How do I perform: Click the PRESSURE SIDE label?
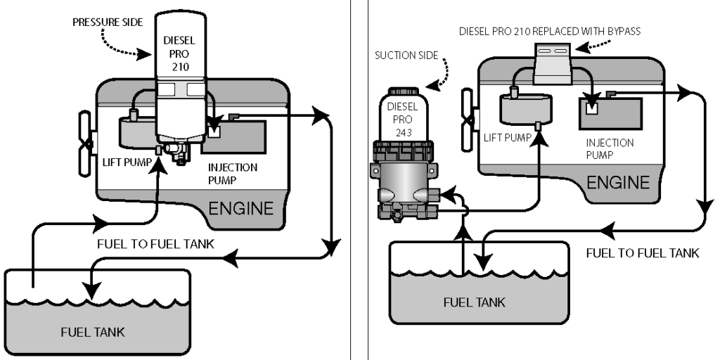pyautogui.click(x=105, y=22)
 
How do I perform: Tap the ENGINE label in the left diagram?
pyautogui.click(x=240, y=208)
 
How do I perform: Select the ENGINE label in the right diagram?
pyautogui.click(x=618, y=183)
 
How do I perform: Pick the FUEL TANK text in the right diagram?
pyautogui.click(x=473, y=302)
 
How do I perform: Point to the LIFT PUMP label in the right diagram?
pyautogui.click(x=508, y=138)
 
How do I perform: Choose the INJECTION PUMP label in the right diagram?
pyautogui.click(x=610, y=148)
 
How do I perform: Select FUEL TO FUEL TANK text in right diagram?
pyautogui.click(x=643, y=253)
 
